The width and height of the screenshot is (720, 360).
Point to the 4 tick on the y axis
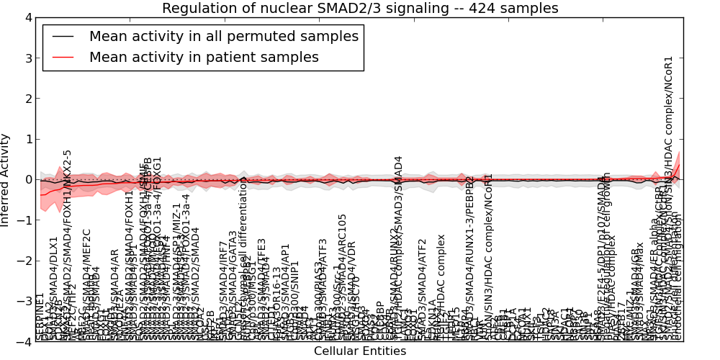pyautogui.click(x=28, y=18)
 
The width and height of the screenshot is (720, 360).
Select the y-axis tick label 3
pyautogui.click(x=28, y=58)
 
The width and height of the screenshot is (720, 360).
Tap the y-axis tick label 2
pyautogui.click(x=28, y=99)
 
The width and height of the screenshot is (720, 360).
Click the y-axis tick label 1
pyautogui.click(x=28, y=140)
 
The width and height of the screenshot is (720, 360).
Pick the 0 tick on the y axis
pyautogui.click(x=28, y=180)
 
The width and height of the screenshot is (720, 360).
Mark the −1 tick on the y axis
pyautogui.click(x=25, y=220)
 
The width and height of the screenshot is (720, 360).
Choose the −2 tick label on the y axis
pyautogui.click(x=25, y=261)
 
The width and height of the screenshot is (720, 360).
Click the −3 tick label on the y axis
pyautogui.click(x=25, y=302)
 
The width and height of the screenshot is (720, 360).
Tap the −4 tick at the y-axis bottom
pyautogui.click(x=25, y=342)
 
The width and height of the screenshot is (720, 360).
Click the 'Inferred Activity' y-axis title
pyautogui.click(x=6, y=180)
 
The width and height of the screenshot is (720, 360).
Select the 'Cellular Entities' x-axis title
pyautogui.click(x=360, y=351)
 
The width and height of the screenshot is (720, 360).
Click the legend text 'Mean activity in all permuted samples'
pyautogui.click(x=223, y=37)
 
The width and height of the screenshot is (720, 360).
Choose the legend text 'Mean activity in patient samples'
pyautogui.click(x=204, y=57)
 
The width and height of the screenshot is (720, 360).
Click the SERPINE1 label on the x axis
pyautogui.click(x=40, y=317)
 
